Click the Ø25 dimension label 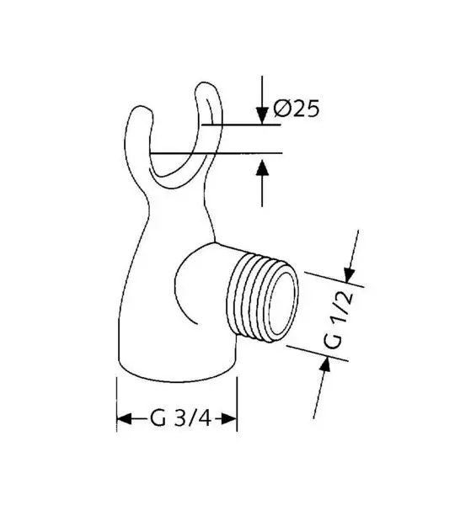(297, 109)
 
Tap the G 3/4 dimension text (180, 418)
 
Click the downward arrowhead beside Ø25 (262, 115)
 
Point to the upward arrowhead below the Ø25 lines (262, 167)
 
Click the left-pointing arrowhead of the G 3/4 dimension (125, 419)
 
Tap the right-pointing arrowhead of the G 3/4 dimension (229, 419)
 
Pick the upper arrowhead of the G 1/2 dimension (349, 274)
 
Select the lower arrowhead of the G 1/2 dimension (325, 365)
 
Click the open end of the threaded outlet (282, 303)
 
